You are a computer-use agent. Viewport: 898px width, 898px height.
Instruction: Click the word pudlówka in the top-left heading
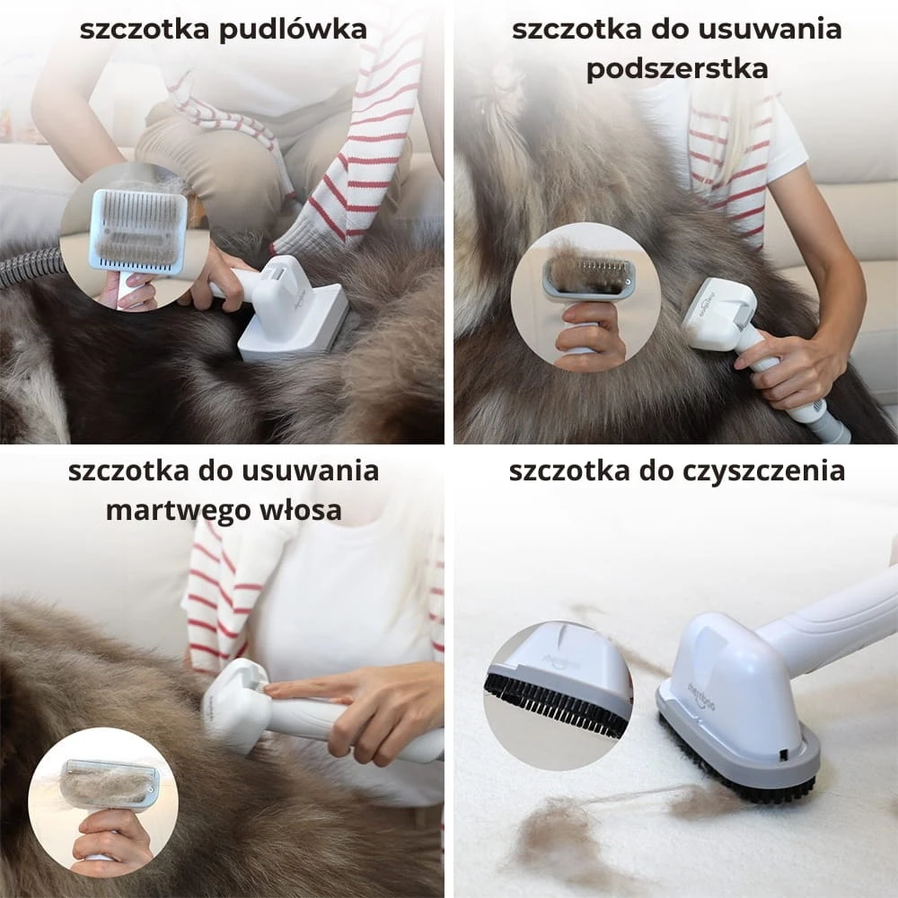293,30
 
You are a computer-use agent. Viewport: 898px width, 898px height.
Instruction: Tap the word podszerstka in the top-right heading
677,69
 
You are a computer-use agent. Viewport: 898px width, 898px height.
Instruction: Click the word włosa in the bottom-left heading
301,509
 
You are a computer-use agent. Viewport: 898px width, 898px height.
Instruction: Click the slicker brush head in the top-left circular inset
138,230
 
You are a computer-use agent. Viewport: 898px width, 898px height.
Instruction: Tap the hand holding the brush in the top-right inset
590,332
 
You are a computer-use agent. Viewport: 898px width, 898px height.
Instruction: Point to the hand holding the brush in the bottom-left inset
111,835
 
